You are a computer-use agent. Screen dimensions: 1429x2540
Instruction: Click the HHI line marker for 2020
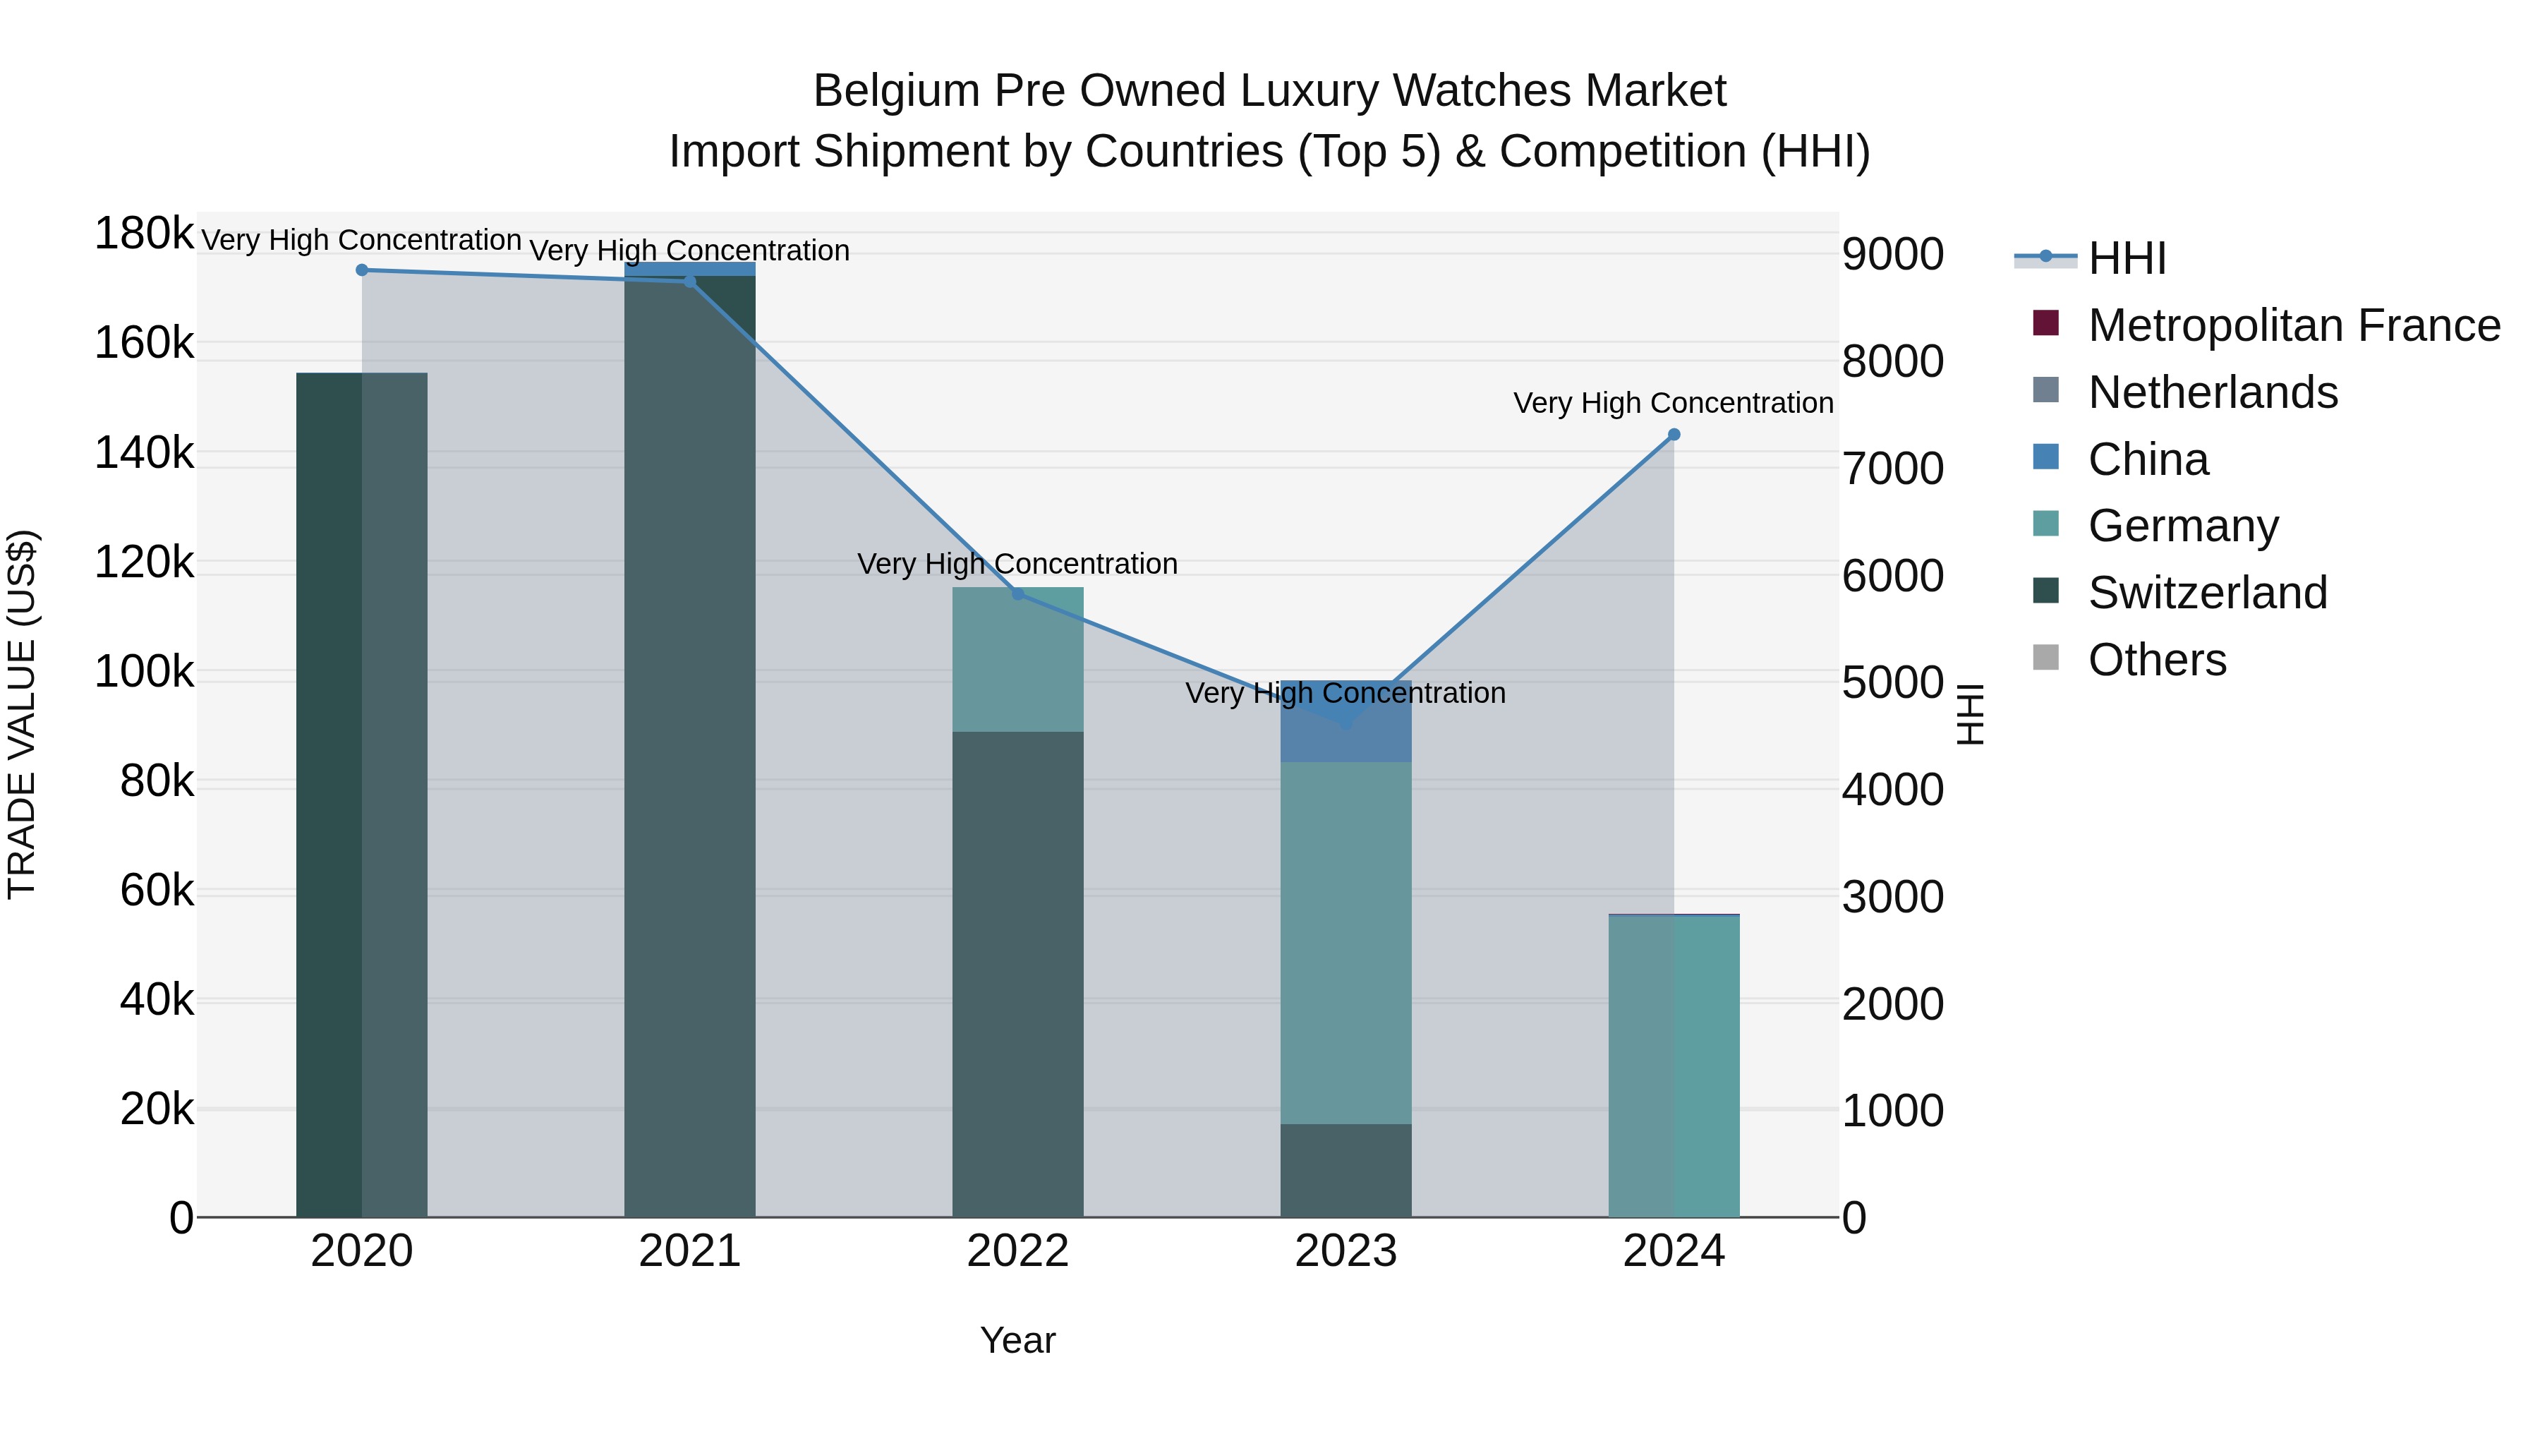click(x=362, y=270)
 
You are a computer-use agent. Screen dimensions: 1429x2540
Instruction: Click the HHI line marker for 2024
click(x=1674, y=435)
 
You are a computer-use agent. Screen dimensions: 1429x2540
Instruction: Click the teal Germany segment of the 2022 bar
click(x=1017, y=659)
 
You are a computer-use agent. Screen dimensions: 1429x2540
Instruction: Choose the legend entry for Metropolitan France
click(x=2294, y=325)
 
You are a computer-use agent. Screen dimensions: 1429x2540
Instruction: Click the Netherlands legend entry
click(x=2213, y=392)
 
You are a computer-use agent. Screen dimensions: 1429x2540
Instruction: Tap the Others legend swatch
click(x=2046, y=658)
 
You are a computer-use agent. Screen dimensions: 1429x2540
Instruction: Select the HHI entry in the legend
click(x=2126, y=258)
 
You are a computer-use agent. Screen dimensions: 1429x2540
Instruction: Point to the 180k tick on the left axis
click(x=144, y=235)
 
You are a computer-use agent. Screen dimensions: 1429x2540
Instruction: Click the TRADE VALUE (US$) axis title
click(x=23, y=714)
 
